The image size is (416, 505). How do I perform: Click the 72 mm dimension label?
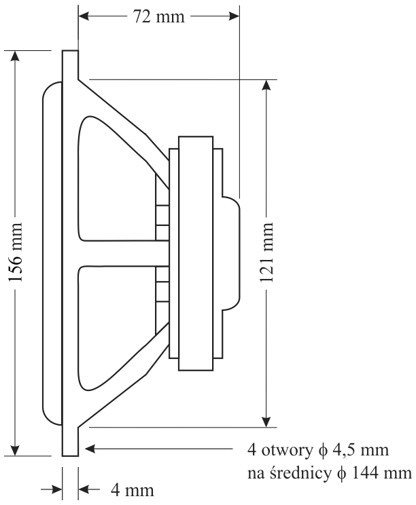[159, 16]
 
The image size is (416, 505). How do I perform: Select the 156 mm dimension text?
[16, 252]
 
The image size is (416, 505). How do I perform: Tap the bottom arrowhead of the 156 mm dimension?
[16, 449]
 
